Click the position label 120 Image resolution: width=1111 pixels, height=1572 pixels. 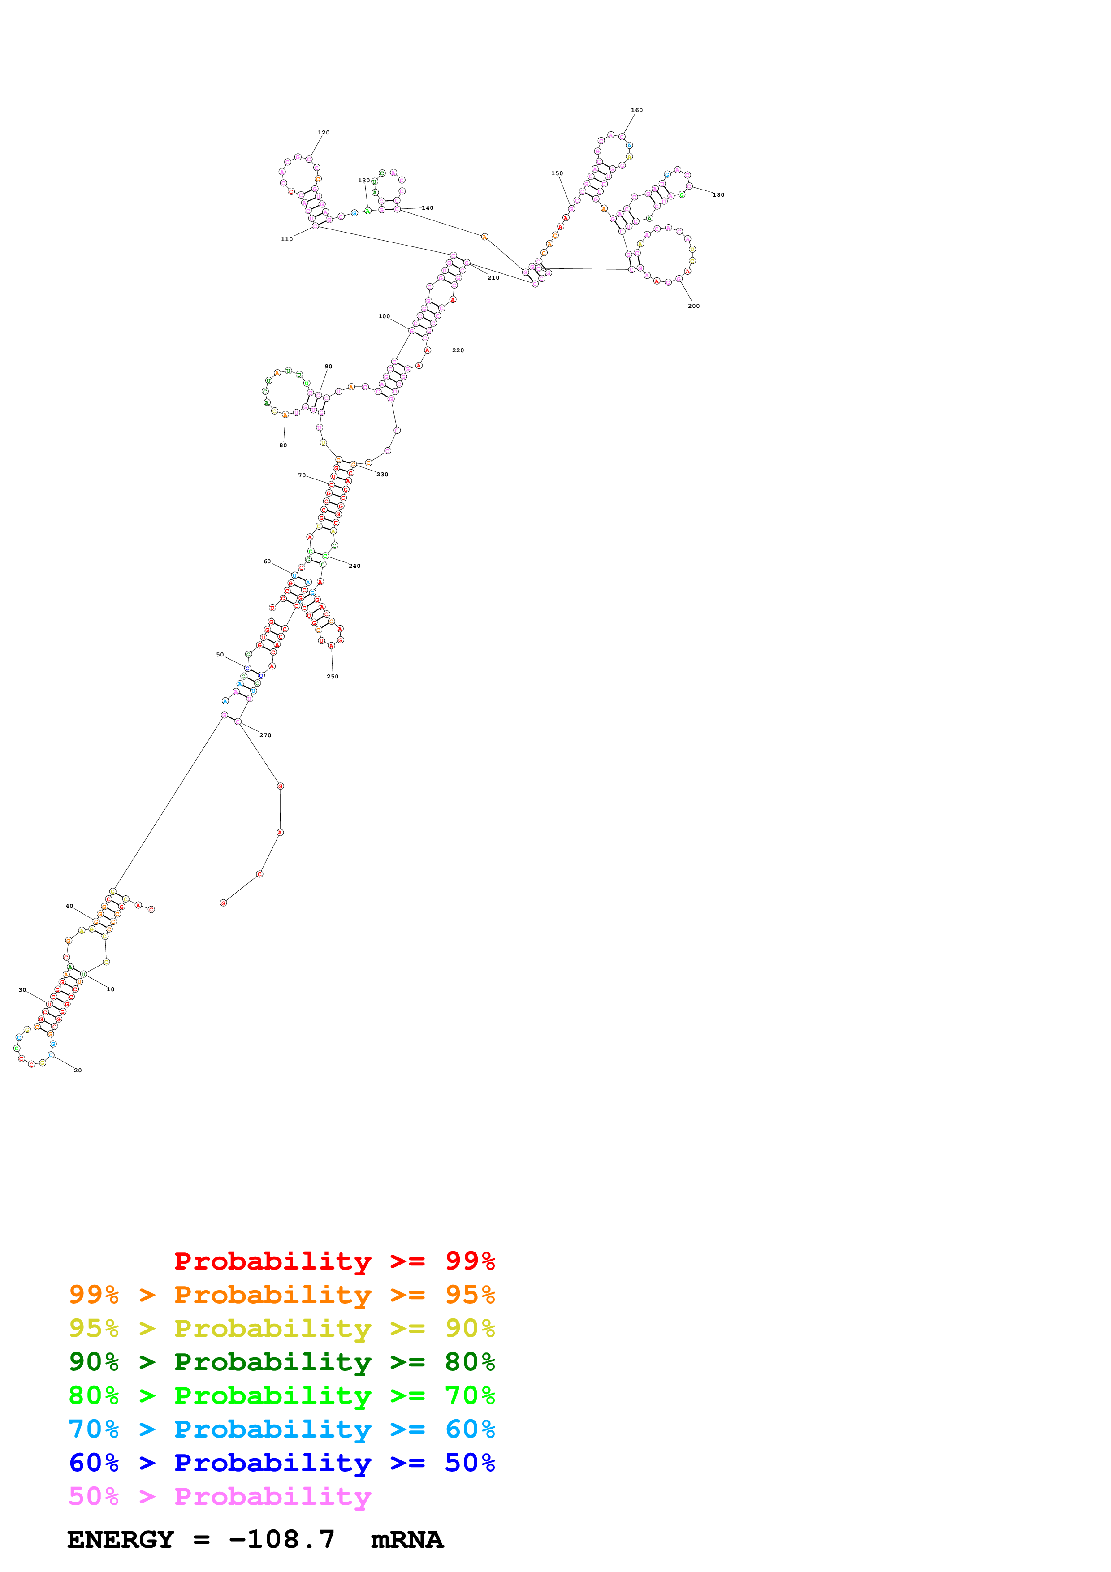(323, 133)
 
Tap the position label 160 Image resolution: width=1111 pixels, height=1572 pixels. (636, 110)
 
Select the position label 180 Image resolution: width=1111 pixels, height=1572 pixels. (718, 195)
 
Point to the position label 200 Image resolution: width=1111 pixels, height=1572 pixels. (693, 306)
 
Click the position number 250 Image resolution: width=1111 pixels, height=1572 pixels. (332, 677)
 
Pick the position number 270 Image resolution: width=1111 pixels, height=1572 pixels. (265, 735)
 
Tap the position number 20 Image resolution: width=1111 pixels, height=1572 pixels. (78, 1070)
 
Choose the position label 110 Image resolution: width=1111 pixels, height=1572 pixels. (287, 239)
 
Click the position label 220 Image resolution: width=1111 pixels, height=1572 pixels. (458, 350)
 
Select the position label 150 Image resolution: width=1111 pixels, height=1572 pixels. (557, 173)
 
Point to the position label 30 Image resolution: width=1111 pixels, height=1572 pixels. (22, 990)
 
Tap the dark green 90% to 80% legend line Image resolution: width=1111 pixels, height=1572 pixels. (281, 1362)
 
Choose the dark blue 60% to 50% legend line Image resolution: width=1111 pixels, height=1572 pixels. (281, 1463)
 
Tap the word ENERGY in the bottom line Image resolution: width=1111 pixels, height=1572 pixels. (121, 1540)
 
